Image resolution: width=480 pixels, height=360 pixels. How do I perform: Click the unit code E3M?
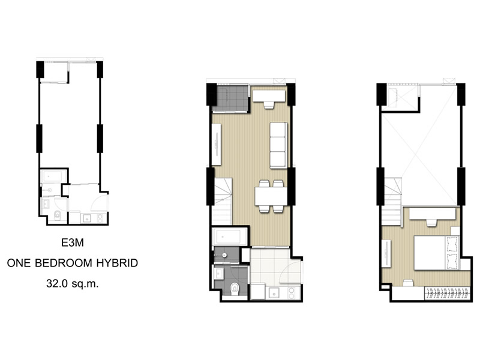tap(73, 243)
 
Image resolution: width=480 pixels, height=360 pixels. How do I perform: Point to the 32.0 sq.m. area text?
tap(73, 284)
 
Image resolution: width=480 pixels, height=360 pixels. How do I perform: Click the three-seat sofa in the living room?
tap(278, 145)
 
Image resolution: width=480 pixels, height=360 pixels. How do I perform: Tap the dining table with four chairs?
tap(271, 196)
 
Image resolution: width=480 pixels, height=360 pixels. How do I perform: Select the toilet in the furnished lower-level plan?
tap(235, 289)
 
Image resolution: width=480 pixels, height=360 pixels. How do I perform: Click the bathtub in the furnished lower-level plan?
tap(229, 236)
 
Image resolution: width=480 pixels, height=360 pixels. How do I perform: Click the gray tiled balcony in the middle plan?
tap(230, 98)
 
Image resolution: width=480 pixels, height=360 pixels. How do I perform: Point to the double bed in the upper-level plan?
tap(437, 253)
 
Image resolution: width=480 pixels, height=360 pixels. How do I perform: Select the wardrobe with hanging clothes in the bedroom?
tap(447, 294)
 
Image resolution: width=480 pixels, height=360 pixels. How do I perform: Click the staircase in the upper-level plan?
tap(392, 202)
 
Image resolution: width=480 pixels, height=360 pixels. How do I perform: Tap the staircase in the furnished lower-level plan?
tap(222, 201)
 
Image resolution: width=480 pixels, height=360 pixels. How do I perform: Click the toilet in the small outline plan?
tap(58, 216)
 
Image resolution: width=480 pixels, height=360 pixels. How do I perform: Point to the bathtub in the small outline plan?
tap(53, 176)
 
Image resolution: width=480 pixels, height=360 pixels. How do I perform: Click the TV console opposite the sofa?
tap(217, 145)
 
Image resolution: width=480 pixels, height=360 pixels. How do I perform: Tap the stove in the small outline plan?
tap(100, 218)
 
